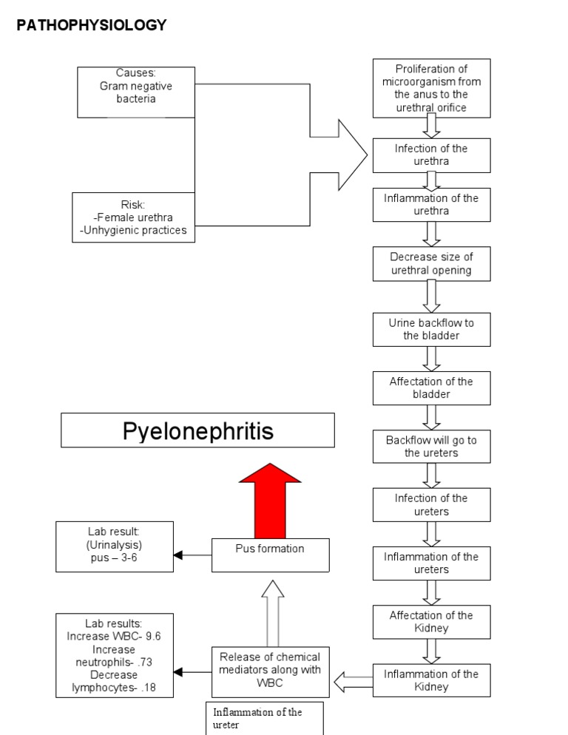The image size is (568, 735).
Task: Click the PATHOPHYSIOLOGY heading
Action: (92, 25)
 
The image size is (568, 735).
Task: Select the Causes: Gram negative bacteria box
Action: (136, 92)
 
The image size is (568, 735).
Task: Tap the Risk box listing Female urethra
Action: (134, 217)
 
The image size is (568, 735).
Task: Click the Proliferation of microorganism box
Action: (431, 88)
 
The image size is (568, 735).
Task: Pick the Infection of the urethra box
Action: (431, 155)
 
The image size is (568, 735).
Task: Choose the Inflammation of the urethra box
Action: (431, 205)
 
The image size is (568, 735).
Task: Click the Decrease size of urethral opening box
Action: (431, 263)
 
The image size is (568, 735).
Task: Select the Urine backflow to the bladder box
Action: (431, 329)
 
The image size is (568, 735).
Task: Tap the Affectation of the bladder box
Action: (431, 387)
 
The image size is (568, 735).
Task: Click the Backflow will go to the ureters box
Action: (431, 446)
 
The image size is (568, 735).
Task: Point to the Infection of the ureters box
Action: (431, 504)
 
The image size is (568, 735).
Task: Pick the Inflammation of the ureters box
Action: (431, 563)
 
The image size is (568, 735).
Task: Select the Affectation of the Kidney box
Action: (431, 621)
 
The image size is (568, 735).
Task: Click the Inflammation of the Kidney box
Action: (431, 680)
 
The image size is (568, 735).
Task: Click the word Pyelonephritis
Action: (197, 431)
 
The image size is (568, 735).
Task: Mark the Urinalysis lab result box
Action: (115, 546)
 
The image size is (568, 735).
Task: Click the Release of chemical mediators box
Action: (270, 670)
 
